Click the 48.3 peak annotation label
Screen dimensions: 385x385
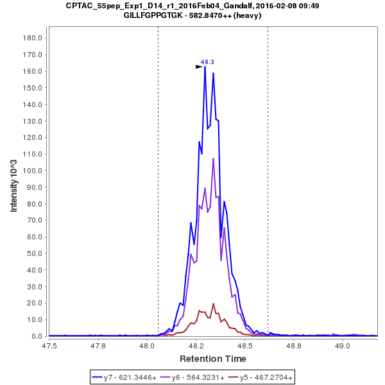(207, 62)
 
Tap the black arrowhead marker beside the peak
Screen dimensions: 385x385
(199, 66)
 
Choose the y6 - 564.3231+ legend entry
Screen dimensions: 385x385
(198, 378)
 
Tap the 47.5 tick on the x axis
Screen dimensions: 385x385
(49, 346)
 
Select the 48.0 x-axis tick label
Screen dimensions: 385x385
(147, 346)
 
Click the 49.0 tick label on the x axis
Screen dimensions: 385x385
(343, 346)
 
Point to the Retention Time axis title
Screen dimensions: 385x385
(212, 358)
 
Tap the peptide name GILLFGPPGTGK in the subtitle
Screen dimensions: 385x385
(154, 15)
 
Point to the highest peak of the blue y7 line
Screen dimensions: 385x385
(205, 67)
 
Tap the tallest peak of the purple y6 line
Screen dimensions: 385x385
(213, 158)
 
